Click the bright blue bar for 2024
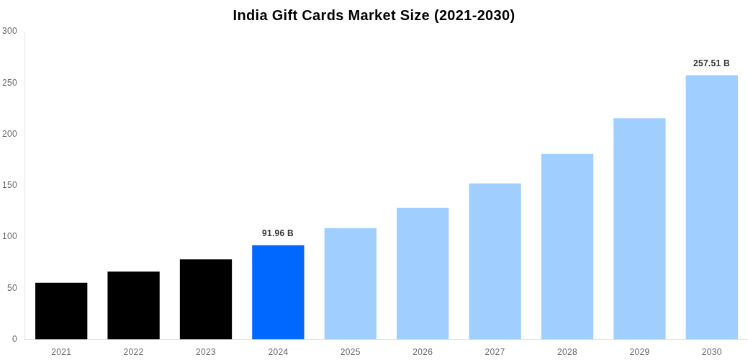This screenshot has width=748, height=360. coord(278,292)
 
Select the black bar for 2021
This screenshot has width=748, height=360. coord(61,310)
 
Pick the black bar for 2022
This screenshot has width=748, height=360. coord(133,305)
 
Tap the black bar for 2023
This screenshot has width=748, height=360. coord(206,299)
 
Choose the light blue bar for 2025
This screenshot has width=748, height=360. coord(350,284)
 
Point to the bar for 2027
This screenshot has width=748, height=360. coord(495,261)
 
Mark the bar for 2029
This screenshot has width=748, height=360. coord(639,228)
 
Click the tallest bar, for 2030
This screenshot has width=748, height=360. coord(711,207)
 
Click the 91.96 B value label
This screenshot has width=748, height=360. coord(278,233)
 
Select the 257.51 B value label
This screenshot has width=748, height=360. coord(711,63)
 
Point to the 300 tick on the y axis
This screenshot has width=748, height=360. coord(9,31)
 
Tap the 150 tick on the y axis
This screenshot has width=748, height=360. coord(9,185)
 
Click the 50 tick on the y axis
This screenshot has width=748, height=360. coord(12,288)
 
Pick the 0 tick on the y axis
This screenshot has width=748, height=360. coord(14,339)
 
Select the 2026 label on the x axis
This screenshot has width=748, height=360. coord(423,352)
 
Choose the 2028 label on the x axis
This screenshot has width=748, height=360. coord(567,352)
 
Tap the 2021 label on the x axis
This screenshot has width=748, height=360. coord(61,352)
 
